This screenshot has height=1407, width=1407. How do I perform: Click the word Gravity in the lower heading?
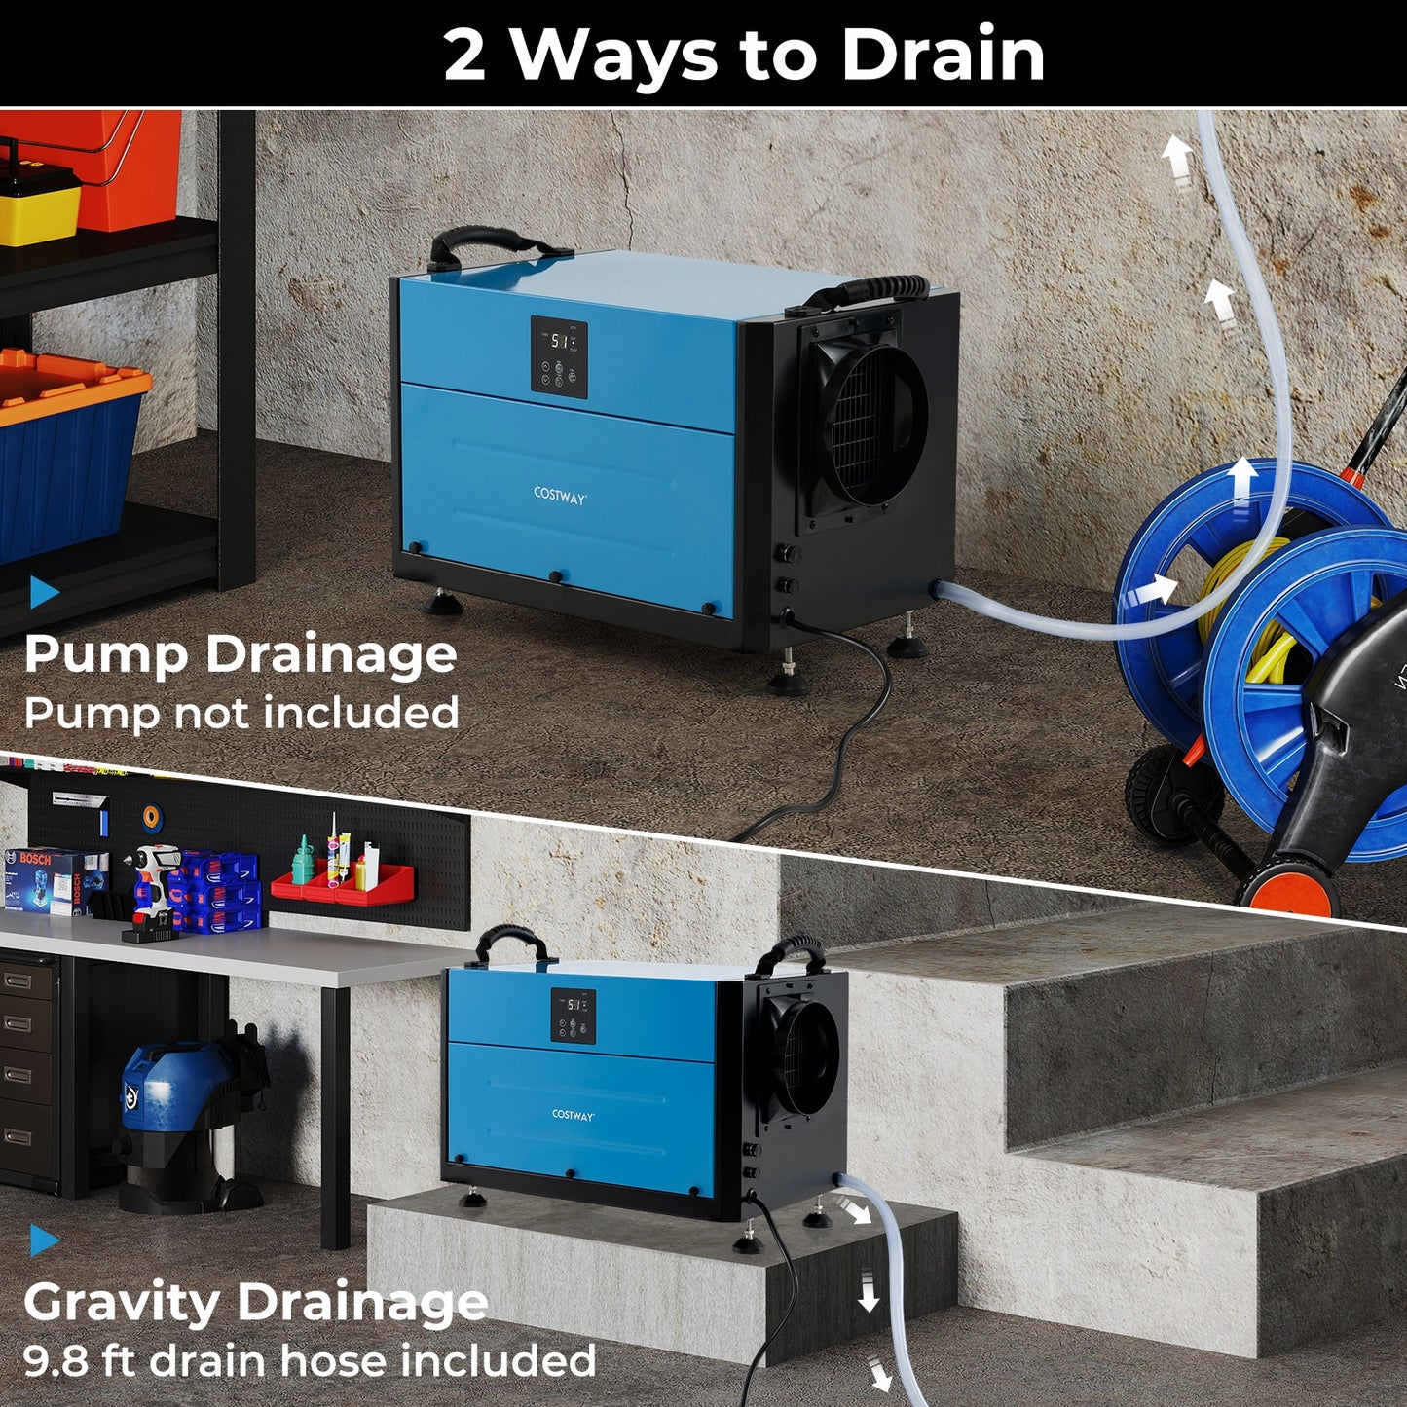coord(121,1303)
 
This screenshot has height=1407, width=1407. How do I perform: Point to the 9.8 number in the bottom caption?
coord(56,1360)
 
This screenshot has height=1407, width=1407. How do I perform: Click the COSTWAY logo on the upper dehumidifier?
coord(560,496)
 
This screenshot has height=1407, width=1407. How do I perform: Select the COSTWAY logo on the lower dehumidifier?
coord(573,1115)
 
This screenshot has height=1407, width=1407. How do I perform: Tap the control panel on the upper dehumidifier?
coord(559,357)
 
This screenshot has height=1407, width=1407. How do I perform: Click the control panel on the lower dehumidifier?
coord(574,1017)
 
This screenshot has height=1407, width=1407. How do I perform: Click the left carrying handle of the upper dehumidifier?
coord(482,243)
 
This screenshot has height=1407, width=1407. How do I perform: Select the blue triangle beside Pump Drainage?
coord(43,591)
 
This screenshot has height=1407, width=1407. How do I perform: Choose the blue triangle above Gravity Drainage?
coord(43,1240)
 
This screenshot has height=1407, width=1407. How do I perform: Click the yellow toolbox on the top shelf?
coord(39,202)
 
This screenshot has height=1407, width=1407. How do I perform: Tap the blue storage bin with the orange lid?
coord(68,448)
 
